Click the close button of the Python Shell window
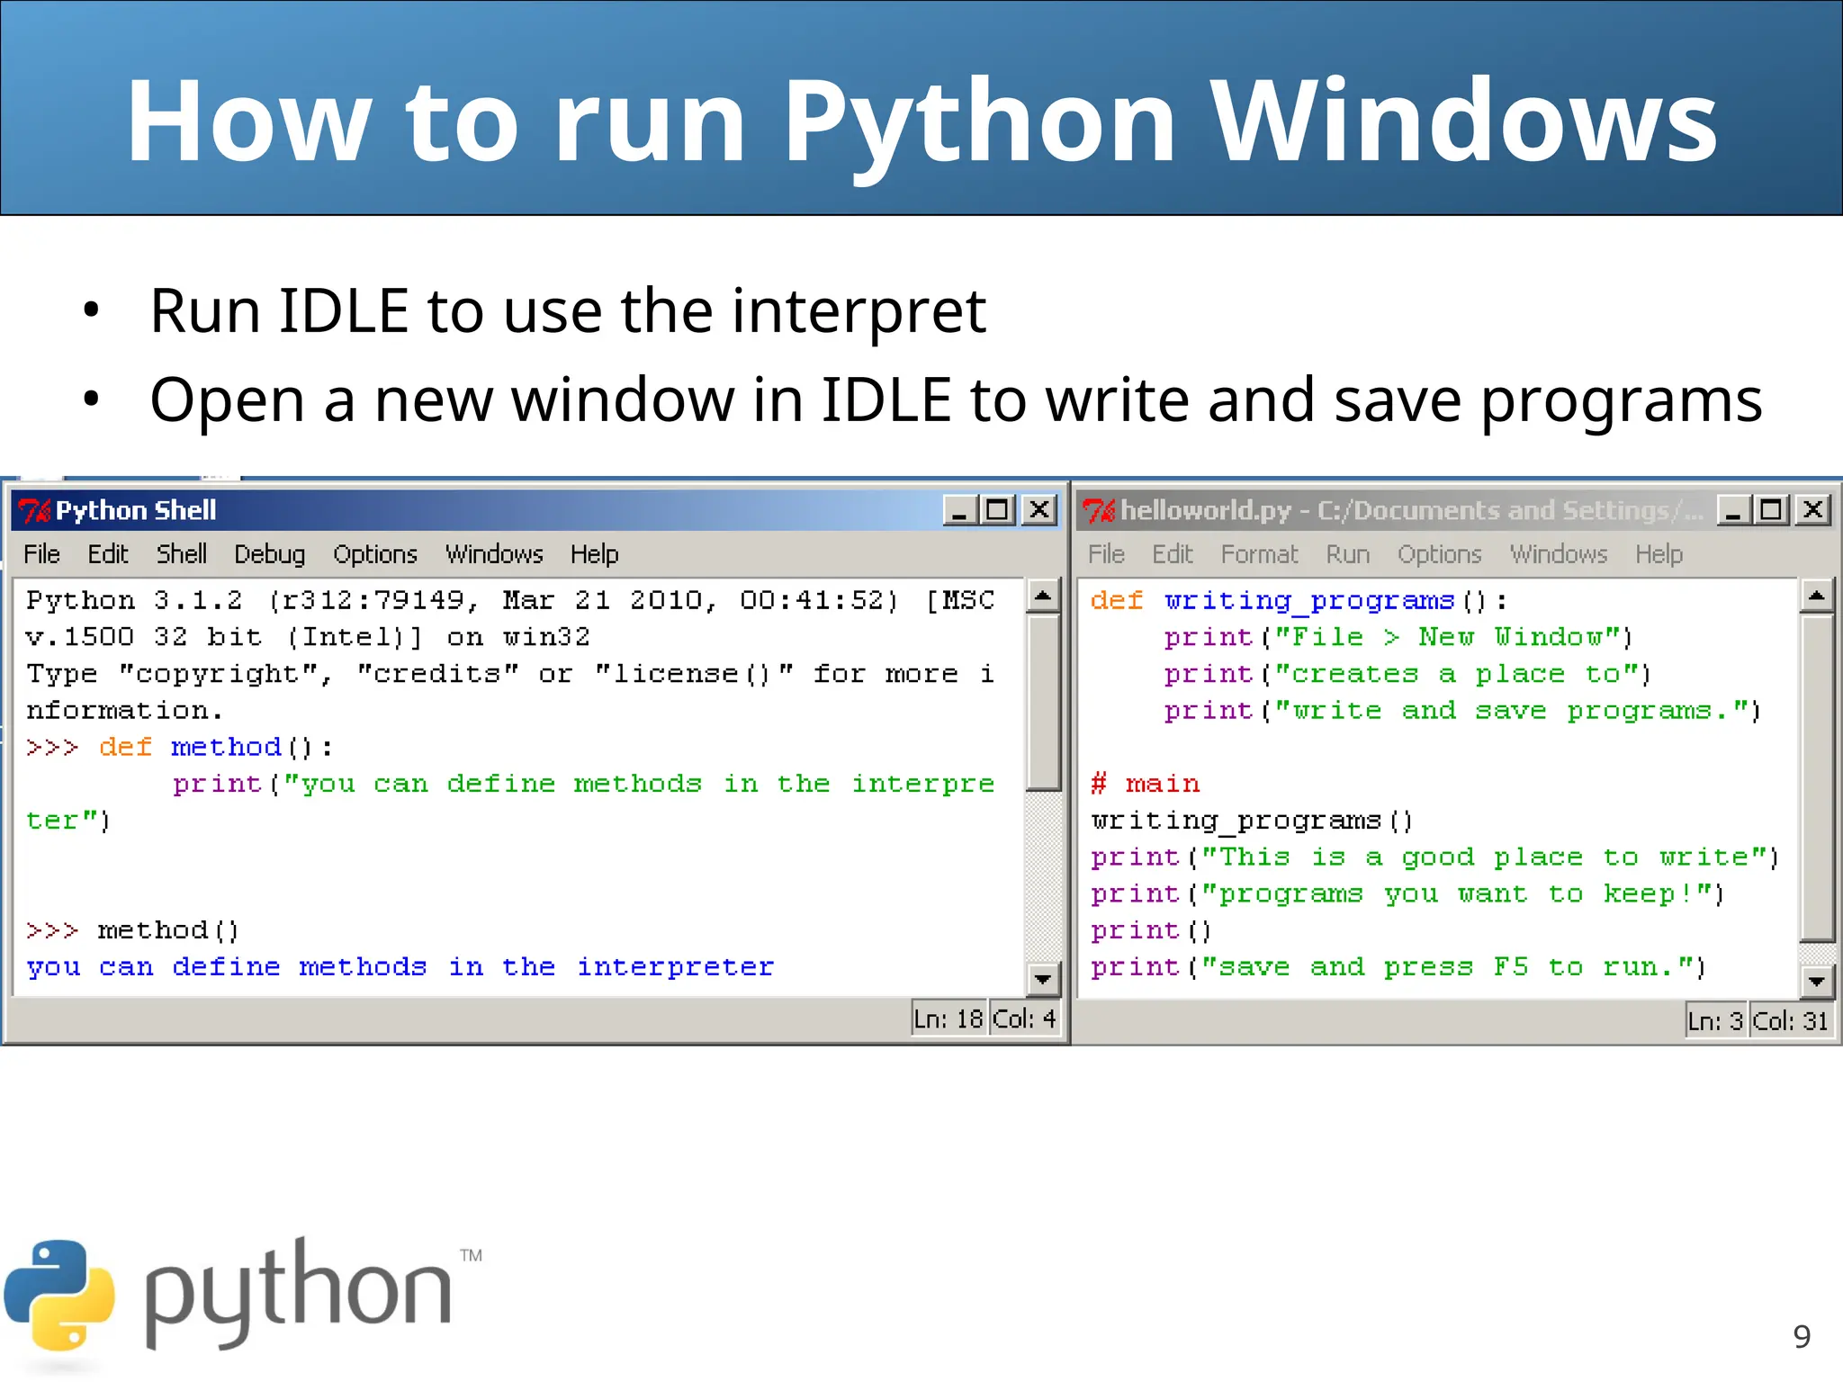[x=1039, y=510]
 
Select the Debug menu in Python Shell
[x=269, y=554]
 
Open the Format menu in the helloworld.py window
[x=1259, y=554]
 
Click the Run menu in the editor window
[x=1347, y=554]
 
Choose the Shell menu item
[x=181, y=554]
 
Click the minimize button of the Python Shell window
[x=959, y=510]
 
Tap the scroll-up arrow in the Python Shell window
[x=1043, y=596]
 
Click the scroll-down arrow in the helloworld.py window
[x=1816, y=981]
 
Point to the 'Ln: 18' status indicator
[x=948, y=1019]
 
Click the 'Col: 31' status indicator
[x=1790, y=1021]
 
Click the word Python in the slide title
[x=978, y=121]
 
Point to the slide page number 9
[x=1801, y=1337]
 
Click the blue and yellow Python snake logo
[x=59, y=1296]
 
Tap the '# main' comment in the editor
[x=1145, y=784]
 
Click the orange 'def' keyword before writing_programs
[x=1116, y=601]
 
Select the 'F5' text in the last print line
[x=1510, y=967]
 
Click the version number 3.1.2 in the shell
[x=198, y=601]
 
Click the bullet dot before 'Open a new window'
[x=91, y=399]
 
